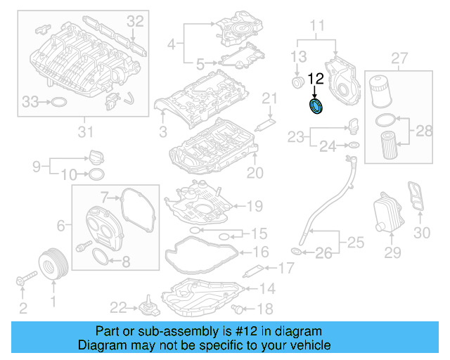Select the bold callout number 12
[x=316, y=79]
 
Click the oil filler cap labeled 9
[x=96, y=156]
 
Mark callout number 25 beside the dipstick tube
[x=356, y=244]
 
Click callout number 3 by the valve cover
[x=162, y=131]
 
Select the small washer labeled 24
[x=354, y=146]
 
